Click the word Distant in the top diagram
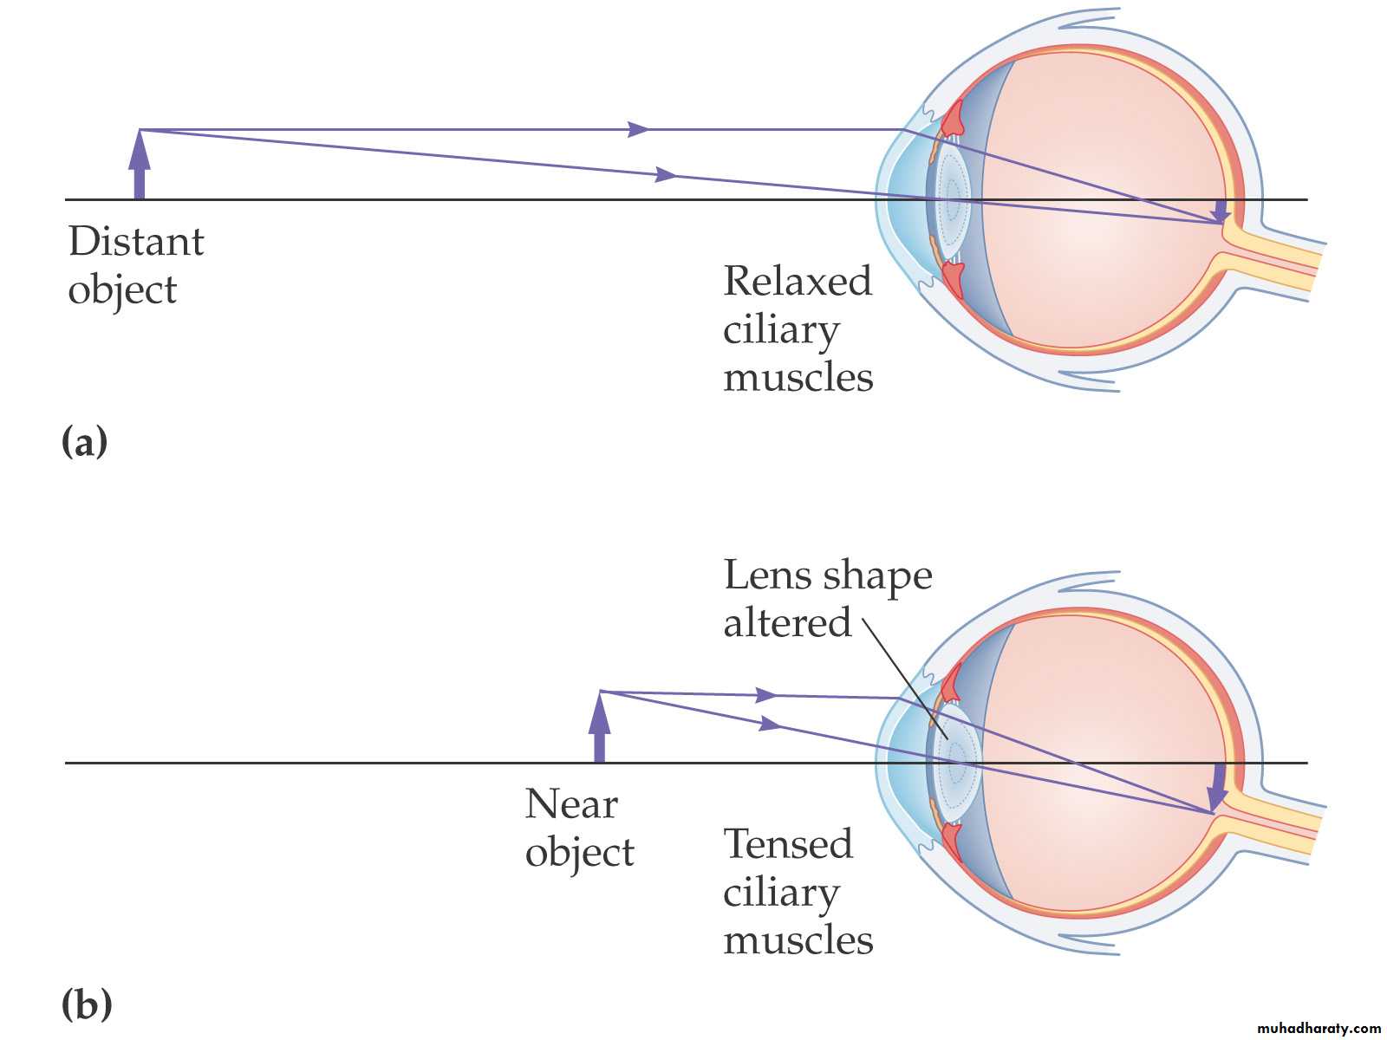tap(136, 242)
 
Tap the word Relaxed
tap(797, 282)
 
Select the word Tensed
tap(787, 844)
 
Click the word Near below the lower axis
tap(570, 804)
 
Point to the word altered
tap(787, 623)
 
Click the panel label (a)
tap(84, 442)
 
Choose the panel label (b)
tap(86, 1005)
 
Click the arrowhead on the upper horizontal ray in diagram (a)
tap(638, 130)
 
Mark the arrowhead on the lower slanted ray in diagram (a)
tap(666, 175)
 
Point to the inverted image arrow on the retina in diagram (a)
tap(1221, 211)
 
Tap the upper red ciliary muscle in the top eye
tap(953, 117)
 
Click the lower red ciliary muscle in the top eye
tap(953, 279)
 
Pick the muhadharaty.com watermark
tap(1318, 1028)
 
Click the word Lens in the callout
tap(766, 575)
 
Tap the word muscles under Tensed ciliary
tap(798, 940)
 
